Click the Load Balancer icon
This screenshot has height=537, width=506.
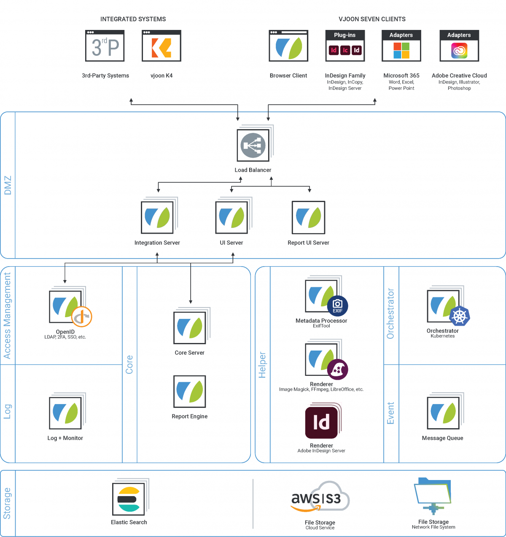coord(253,145)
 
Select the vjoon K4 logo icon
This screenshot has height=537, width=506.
coord(161,48)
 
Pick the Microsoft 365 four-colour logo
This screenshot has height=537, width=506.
coord(401,50)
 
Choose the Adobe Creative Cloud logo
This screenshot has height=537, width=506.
coord(459,51)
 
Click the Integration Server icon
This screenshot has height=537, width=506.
coord(157,217)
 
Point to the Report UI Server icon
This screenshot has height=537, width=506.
coord(308,217)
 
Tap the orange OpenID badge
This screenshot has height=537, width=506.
coord(82,317)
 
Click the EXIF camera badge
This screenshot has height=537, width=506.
coord(337,306)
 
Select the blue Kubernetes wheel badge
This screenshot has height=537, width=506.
coord(459,316)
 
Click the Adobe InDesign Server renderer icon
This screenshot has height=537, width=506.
coord(321,422)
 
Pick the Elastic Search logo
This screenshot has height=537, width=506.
coord(129,499)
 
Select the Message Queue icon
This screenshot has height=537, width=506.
coord(443,413)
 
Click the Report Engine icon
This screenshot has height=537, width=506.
coord(190,391)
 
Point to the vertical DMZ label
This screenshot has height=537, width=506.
coord(8,185)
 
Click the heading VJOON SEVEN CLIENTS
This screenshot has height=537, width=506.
coord(372,19)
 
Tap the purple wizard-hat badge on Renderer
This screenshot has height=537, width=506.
coord(337,370)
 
